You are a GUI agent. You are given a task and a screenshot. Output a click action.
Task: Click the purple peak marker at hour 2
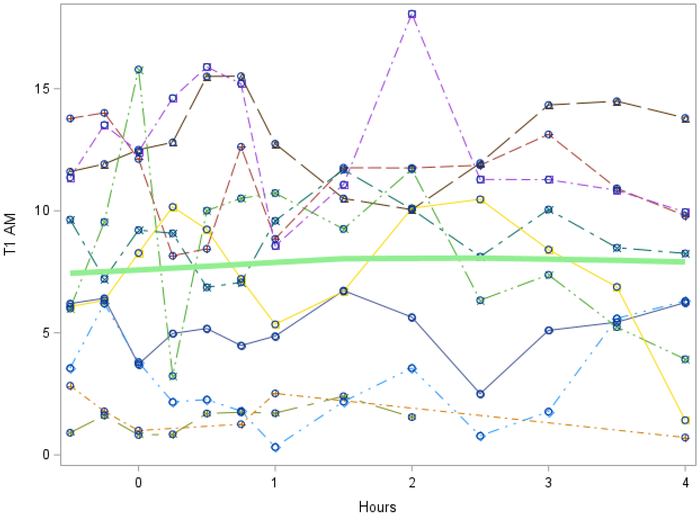coord(412,14)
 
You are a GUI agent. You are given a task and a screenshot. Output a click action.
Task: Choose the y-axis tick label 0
coord(46,455)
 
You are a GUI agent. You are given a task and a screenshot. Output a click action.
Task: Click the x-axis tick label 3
coord(548,483)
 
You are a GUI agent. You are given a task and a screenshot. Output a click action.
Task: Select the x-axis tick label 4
coord(685,483)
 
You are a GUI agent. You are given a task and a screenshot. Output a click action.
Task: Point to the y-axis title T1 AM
coord(10,235)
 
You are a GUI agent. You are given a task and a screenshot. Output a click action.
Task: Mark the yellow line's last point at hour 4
coord(685,420)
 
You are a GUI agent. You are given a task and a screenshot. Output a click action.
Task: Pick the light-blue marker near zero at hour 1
coord(275,447)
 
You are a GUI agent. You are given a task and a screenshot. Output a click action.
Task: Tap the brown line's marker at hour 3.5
coord(617,101)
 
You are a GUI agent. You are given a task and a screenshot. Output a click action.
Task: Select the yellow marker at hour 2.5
coord(481,199)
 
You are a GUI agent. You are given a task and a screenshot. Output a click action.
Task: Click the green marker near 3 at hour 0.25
coord(173,376)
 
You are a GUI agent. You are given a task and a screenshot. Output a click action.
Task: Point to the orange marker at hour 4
coord(685,437)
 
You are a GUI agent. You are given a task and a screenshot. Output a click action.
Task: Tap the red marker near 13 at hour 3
coord(549,135)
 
